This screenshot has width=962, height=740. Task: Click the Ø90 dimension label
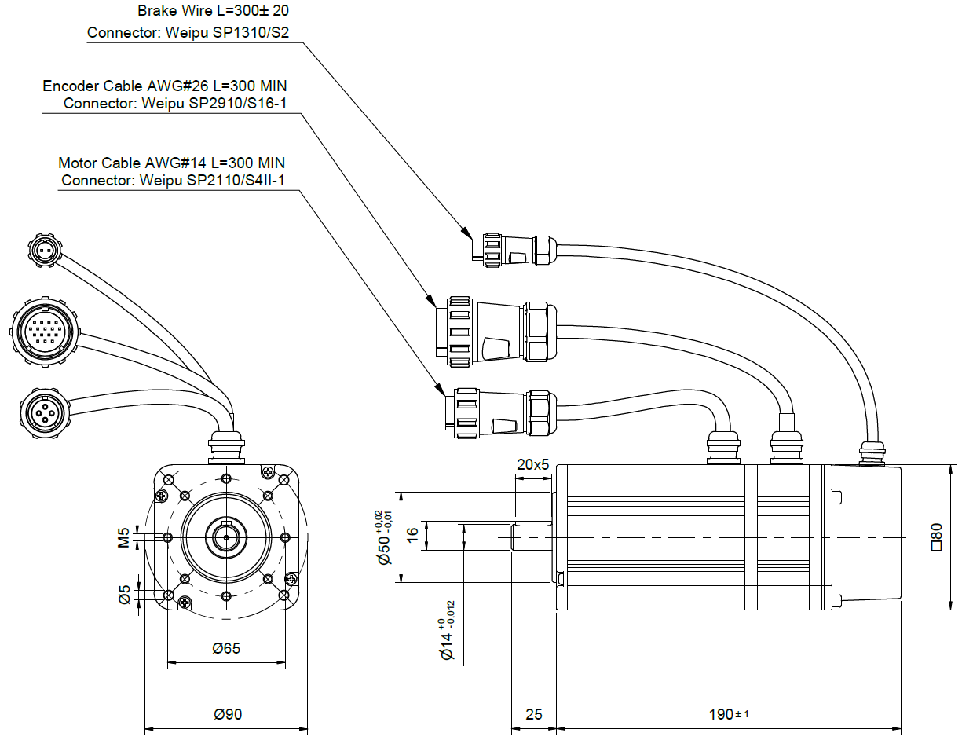tap(228, 714)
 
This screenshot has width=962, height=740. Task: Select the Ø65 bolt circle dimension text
tap(226, 648)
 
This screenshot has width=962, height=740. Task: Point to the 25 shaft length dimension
tap(533, 714)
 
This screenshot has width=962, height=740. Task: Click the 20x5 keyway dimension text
tap(532, 464)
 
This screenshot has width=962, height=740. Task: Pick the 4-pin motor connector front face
tap(44, 408)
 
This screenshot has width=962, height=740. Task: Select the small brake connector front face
tap(44, 251)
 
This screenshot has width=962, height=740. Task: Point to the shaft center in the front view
tap(226, 537)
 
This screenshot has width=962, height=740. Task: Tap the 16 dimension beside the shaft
tap(412, 536)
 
